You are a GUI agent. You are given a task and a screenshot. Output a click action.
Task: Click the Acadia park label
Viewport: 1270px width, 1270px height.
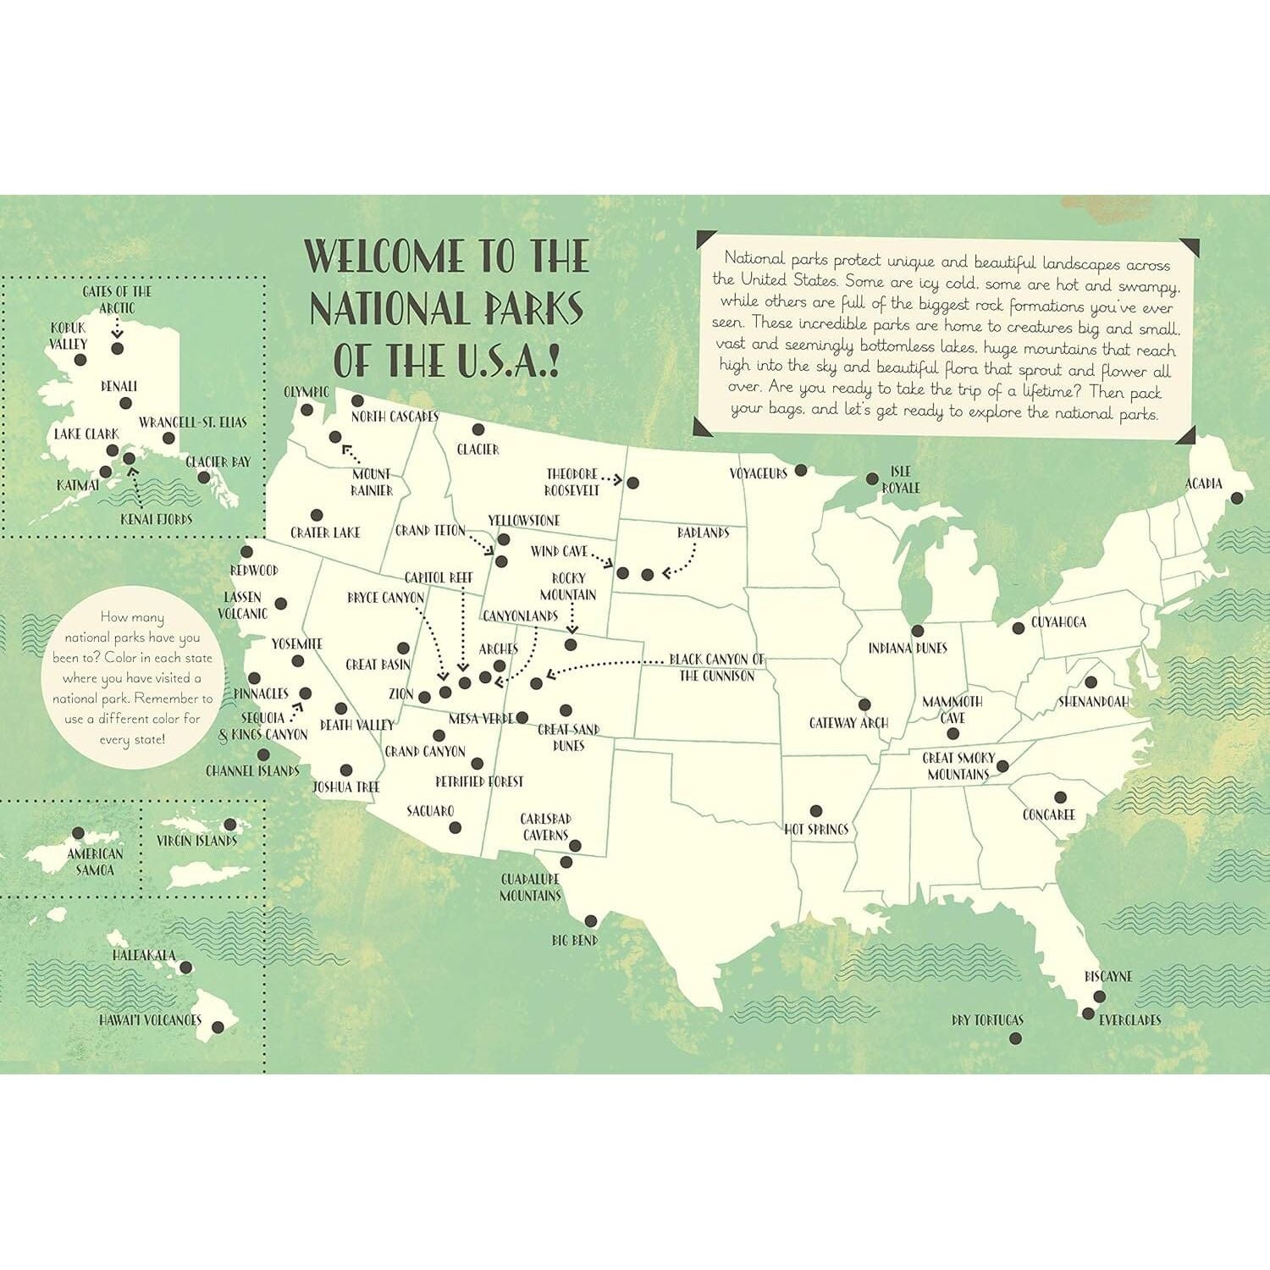coord(1203,483)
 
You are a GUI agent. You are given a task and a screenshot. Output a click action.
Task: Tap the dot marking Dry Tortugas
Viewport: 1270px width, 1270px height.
coord(1016,1038)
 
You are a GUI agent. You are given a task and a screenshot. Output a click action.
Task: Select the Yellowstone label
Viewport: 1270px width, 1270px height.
coord(523,521)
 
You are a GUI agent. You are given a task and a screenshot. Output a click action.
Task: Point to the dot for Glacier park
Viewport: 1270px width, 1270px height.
coord(478,430)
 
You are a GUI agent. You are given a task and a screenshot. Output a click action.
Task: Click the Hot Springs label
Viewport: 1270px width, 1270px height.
coord(816,830)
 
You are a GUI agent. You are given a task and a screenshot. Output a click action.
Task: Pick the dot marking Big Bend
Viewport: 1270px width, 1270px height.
coord(591,921)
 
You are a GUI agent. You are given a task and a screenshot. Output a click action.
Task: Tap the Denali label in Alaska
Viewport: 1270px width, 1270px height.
coord(119,387)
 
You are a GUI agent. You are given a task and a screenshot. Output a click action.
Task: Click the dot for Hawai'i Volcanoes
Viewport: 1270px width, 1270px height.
coord(218,1027)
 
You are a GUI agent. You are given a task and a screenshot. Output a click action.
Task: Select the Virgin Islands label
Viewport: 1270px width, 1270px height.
coord(196,841)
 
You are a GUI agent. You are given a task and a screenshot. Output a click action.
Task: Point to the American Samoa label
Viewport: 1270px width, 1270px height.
coord(95,862)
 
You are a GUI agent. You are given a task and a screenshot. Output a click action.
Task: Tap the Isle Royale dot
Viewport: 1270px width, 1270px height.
coord(873,479)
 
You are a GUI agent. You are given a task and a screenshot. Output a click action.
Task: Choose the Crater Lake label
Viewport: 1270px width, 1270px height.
coord(325,533)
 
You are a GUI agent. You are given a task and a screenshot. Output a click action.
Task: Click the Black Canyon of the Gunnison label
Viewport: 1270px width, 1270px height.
coord(716,667)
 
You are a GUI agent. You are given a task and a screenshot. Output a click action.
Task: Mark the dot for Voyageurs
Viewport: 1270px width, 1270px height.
coord(800,470)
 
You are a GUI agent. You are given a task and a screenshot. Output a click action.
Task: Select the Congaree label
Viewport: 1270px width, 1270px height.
coord(1048,814)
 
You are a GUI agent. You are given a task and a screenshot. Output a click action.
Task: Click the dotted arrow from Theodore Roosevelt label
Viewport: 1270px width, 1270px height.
coord(612,480)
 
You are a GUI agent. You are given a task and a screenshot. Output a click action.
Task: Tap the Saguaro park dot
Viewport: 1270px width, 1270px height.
coord(455,827)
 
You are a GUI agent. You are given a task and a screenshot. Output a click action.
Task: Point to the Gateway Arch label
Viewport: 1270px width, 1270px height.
coord(848,723)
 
